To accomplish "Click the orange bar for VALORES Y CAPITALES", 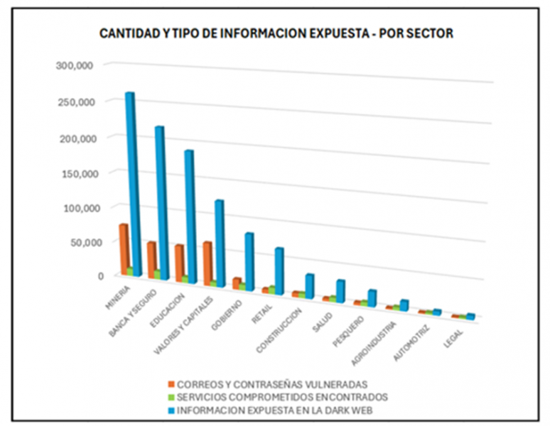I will pyautogui.click(x=207, y=262).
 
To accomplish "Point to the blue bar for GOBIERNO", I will pyautogui.click(x=249, y=259).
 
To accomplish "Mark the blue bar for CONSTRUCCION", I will pyautogui.click(x=310, y=285).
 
